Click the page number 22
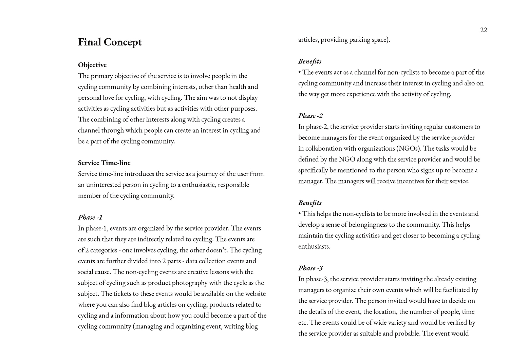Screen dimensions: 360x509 [484, 30]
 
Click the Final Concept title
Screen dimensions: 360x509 [110, 42]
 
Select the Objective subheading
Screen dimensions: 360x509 [92, 65]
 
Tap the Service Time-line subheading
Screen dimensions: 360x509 [104, 163]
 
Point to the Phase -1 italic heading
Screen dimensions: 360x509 [90, 217]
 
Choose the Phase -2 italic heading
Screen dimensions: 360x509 [310, 116]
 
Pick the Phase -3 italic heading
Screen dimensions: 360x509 [310, 268]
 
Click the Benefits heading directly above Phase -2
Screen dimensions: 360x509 [310, 61]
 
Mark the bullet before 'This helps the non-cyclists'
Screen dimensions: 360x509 [300, 214]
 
